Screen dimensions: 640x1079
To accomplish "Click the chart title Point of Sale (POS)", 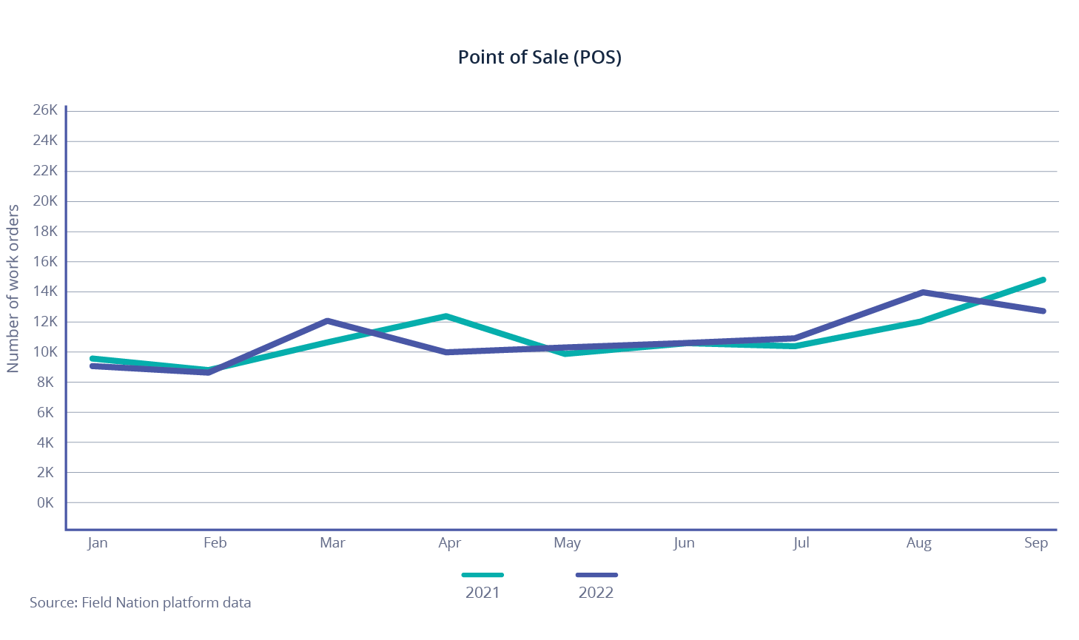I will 539,57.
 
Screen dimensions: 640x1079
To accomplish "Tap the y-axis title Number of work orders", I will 13,289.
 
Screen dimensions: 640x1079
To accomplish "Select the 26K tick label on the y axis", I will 45,110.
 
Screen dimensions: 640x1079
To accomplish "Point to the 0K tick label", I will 45,503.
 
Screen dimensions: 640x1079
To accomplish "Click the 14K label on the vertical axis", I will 45,292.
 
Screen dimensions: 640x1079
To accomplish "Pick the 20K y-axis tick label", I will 45,201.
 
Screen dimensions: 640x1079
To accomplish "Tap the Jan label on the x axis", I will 98,543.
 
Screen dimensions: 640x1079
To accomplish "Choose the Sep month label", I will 1036,543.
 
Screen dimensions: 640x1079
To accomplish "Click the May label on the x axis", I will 567,543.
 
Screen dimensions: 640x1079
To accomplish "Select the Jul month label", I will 801,543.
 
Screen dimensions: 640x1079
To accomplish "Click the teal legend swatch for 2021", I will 483,575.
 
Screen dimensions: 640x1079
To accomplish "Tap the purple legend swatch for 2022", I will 596,575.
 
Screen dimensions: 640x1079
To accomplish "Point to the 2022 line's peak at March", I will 327,321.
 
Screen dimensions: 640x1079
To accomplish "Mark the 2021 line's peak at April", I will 446,317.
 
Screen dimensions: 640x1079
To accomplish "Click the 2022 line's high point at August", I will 923,292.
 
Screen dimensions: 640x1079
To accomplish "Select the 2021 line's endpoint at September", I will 1043,280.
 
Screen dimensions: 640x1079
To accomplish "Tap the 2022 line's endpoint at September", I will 1043,311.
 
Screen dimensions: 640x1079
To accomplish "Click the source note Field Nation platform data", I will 140,603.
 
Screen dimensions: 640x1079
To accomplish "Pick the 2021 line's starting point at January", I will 92,358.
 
